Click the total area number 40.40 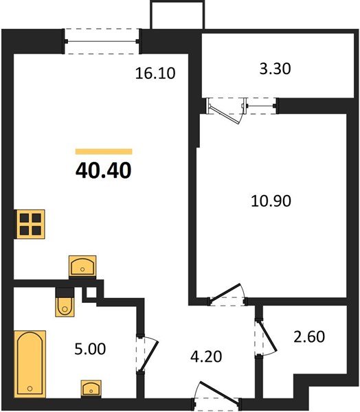click(x=103, y=168)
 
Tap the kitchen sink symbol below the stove click(x=83, y=266)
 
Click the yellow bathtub click(x=30, y=363)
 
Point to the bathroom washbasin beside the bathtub click(x=91, y=388)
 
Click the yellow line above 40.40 click(x=103, y=150)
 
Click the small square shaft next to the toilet click(x=89, y=293)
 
